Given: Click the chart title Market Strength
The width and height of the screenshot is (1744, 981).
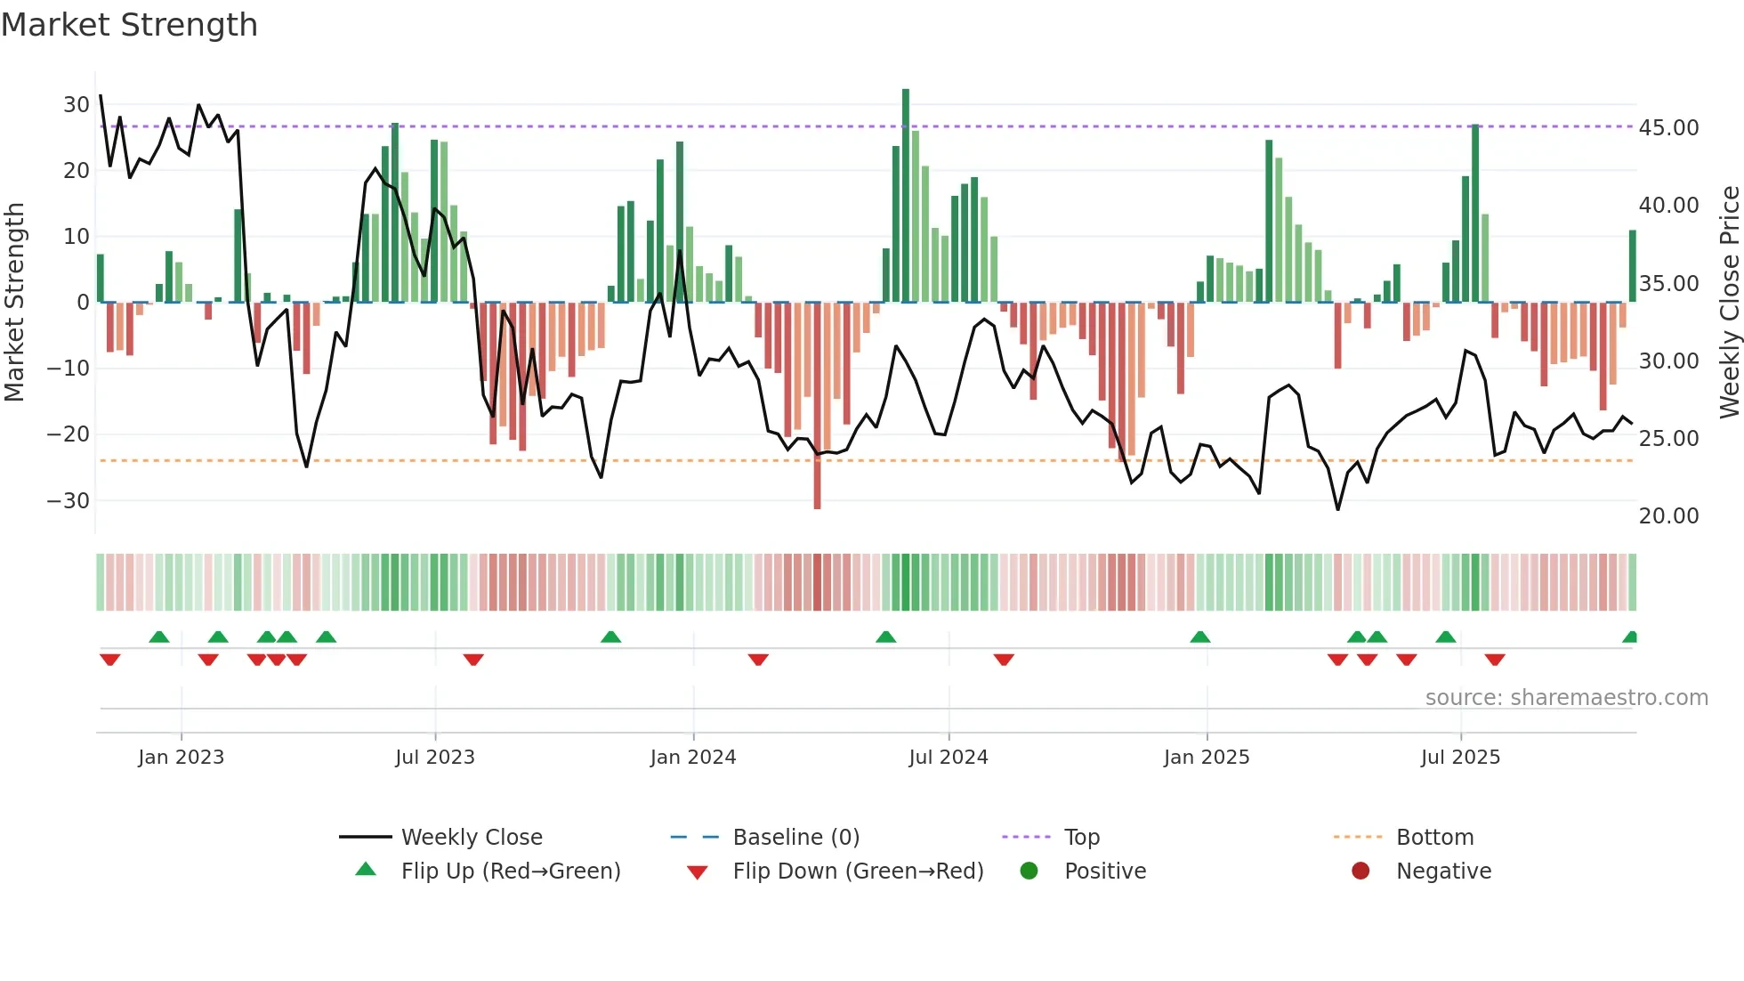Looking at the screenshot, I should coord(130,25).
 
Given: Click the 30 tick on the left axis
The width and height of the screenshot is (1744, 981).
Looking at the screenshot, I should coord(77,105).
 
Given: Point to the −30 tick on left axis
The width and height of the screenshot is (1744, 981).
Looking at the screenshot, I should coord(69,500).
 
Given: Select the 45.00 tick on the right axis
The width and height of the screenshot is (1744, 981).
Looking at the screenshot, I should coord(1668,128).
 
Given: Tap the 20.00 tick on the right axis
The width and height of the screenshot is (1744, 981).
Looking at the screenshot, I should coord(1668,516).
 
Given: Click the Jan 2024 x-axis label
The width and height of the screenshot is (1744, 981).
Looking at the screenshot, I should coord(693,758).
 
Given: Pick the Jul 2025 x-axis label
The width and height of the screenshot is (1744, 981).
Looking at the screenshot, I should coord(1460,758).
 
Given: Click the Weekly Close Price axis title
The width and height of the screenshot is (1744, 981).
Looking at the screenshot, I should coord(1729,303).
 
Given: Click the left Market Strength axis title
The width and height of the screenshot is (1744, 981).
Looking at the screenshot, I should coord(14,303).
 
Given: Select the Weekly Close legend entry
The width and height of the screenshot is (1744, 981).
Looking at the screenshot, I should coord(472,838).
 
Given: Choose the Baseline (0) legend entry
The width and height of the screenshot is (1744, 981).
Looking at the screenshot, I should coord(795,838).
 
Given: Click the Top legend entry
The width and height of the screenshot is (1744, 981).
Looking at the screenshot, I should coord(1082,838).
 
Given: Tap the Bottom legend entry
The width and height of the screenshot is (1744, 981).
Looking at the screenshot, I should coord(1434,838).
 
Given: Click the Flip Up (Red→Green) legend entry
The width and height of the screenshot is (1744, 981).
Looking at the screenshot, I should coord(510,872).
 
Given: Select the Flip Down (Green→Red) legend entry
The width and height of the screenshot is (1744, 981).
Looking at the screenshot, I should coord(858,872).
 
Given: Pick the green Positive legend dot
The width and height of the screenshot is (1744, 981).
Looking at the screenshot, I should coord(1029,872).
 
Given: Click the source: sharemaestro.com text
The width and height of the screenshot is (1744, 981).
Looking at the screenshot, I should coord(1566,698).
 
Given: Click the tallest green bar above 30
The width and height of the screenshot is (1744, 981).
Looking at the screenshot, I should coord(906,196).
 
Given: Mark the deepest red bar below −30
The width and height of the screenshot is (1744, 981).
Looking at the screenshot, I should coord(817,405).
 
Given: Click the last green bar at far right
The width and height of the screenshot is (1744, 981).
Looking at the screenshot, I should coord(1633,266).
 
